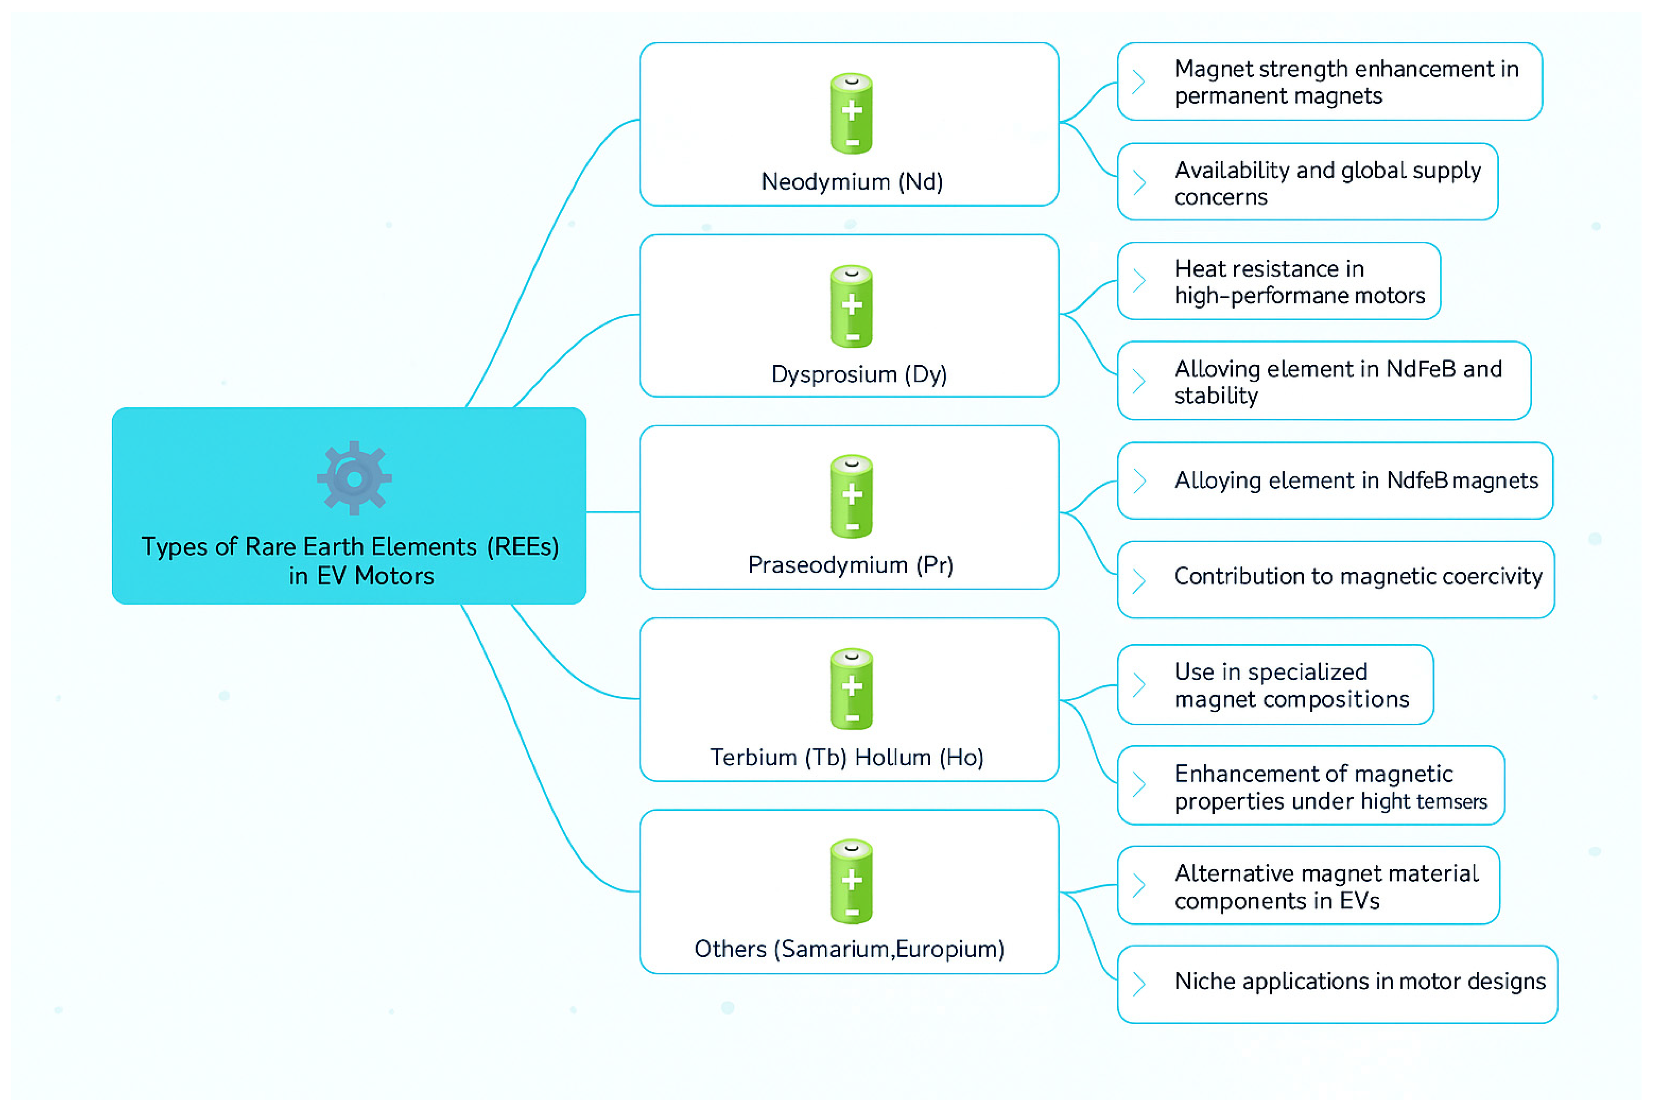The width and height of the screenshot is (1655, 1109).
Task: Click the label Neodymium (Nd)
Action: click(851, 182)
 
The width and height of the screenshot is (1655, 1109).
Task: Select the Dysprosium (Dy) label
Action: click(859, 374)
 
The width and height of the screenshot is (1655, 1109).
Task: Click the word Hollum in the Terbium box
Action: click(893, 757)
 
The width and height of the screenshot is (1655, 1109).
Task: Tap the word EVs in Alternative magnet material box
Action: click(1359, 901)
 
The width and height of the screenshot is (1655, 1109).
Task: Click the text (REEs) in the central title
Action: click(523, 547)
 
